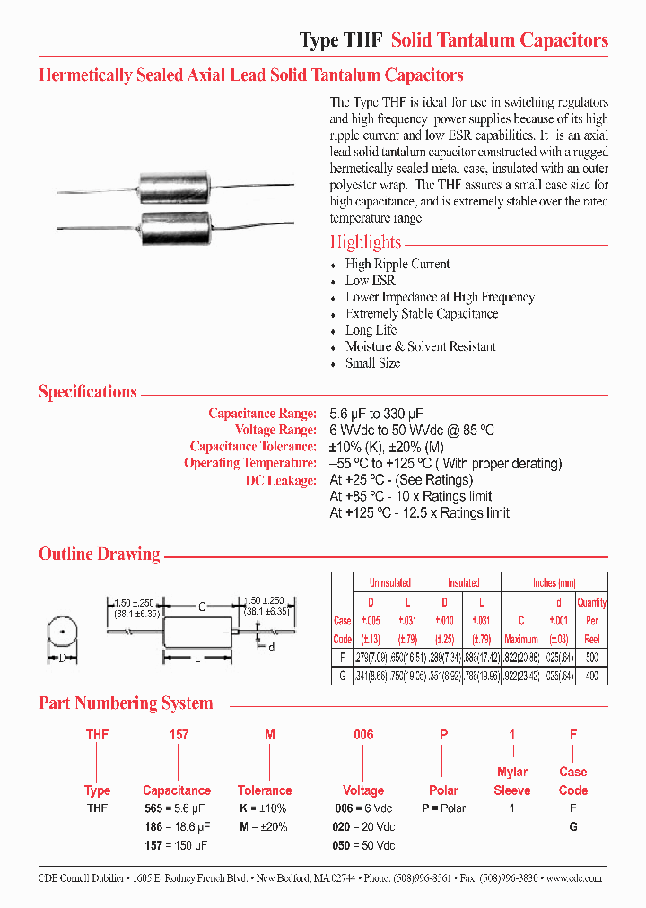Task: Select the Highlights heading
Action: pos(365,241)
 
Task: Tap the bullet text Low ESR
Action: pos(370,281)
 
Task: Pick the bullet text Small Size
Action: pos(372,363)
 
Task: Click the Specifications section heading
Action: pos(88,392)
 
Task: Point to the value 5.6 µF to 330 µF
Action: pos(376,414)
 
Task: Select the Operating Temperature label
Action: pos(250,463)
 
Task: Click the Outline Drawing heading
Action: pos(100,554)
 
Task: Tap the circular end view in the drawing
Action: pos(61,633)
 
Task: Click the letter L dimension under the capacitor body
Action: pos(196,659)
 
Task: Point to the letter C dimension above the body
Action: pos(202,607)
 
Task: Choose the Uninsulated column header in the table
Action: pos(389,582)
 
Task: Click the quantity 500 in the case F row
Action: pos(592,658)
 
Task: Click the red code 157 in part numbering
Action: pos(179,735)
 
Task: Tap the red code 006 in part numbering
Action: pos(362,735)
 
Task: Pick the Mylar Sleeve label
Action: pos(512,781)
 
